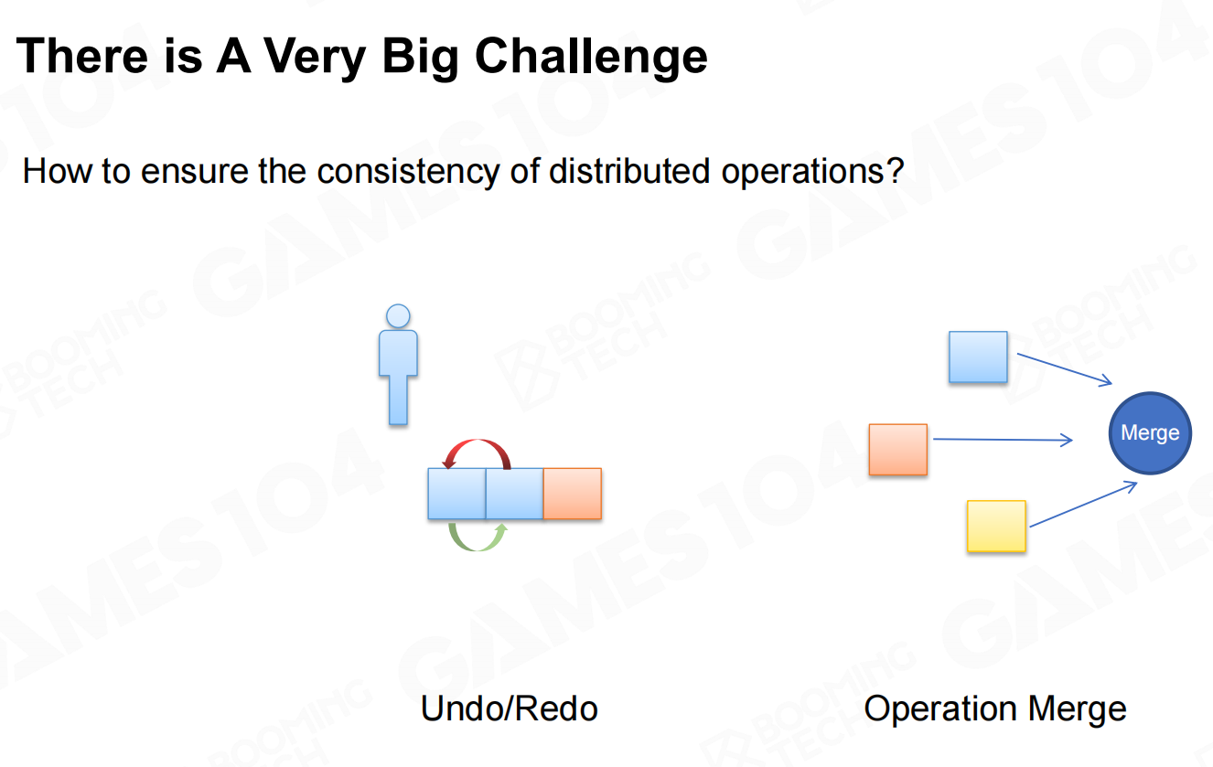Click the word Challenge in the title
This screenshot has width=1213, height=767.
click(x=591, y=58)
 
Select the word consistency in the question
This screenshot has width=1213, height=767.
click(x=408, y=172)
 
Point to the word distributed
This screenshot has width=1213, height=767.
click(x=629, y=171)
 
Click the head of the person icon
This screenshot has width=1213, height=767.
click(x=398, y=316)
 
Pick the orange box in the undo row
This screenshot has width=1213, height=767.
click(x=573, y=494)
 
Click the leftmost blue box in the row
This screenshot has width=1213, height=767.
click(x=456, y=494)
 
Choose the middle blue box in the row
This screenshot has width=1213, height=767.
click(x=514, y=494)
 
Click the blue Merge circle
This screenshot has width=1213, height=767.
click(x=1150, y=433)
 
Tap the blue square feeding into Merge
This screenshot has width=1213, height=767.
click(x=978, y=357)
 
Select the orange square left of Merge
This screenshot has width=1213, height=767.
click(x=898, y=450)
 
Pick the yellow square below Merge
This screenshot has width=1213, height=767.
click(x=996, y=527)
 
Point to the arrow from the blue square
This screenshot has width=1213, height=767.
click(x=1065, y=369)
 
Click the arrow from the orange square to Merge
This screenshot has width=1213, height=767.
click(x=1003, y=440)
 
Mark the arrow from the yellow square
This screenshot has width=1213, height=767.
click(x=1083, y=504)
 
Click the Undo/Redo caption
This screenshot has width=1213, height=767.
click(x=509, y=708)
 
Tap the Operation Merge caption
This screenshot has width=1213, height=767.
click(x=995, y=709)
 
